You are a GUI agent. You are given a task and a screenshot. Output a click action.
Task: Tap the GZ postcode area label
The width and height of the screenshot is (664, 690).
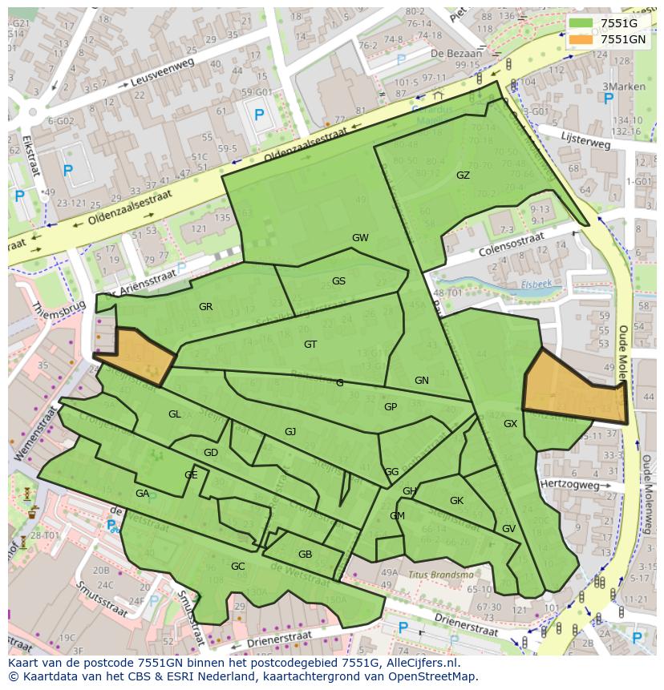[x=463, y=176]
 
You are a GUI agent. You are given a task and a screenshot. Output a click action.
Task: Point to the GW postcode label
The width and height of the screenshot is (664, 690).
[x=360, y=238]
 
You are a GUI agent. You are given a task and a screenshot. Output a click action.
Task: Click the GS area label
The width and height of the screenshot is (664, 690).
[x=338, y=281]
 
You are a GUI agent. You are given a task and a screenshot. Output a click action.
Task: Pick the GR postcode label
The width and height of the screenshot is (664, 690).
[x=205, y=307]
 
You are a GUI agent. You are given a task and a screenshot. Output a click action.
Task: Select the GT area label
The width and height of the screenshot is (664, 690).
[x=310, y=345]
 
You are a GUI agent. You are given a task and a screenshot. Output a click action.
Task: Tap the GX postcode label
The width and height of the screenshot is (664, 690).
[x=510, y=424]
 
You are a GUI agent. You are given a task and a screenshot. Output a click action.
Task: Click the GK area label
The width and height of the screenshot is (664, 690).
[x=456, y=501]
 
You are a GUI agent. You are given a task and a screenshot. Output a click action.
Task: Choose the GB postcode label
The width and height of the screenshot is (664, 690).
[x=305, y=555]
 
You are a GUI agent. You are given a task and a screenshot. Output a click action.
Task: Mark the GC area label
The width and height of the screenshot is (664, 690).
[x=237, y=567]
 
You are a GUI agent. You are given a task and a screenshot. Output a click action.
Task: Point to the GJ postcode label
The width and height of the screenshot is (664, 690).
[x=290, y=432]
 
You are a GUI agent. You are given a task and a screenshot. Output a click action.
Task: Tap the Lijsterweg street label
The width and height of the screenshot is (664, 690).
[x=586, y=141]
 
